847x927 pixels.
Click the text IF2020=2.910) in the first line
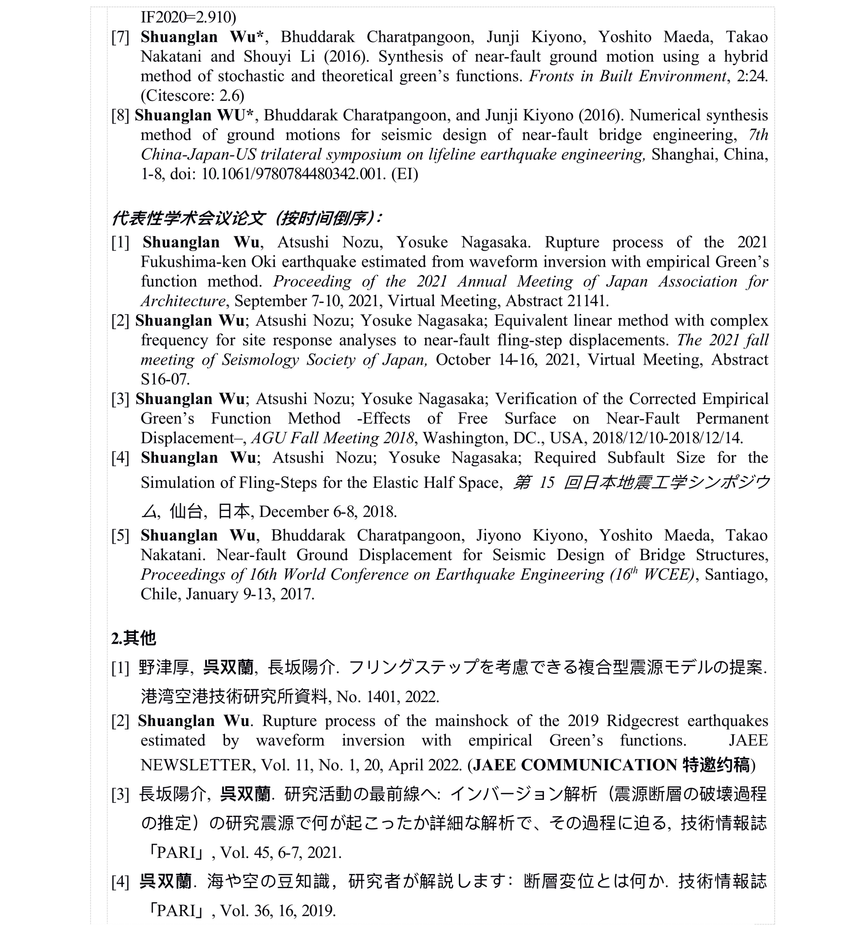tap(188, 17)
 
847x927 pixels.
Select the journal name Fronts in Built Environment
tap(628, 76)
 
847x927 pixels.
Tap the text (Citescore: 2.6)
tap(192, 96)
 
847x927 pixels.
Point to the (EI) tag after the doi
tap(404, 174)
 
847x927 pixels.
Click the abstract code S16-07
tap(165, 379)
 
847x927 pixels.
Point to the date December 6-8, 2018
tap(328, 511)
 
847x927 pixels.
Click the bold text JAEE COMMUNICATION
tap(575, 765)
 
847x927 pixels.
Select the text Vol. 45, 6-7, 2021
tap(281, 853)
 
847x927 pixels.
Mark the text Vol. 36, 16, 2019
tap(278, 910)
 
